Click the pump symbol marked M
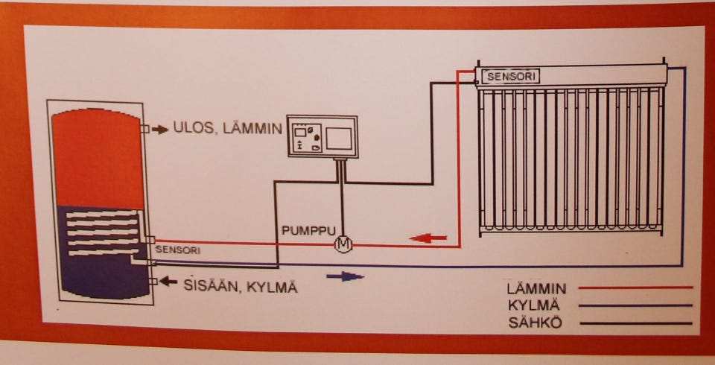[343, 244]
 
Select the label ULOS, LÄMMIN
[227, 128]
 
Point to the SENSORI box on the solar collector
[511, 76]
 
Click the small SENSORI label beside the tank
[177, 250]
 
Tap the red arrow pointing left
[428, 238]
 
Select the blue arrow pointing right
[345, 276]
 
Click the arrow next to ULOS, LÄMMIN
[159, 129]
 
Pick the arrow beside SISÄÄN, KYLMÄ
[168, 282]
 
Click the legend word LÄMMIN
[536, 288]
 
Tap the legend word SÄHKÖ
[534, 323]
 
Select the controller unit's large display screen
[340, 138]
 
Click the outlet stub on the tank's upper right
[144, 129]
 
